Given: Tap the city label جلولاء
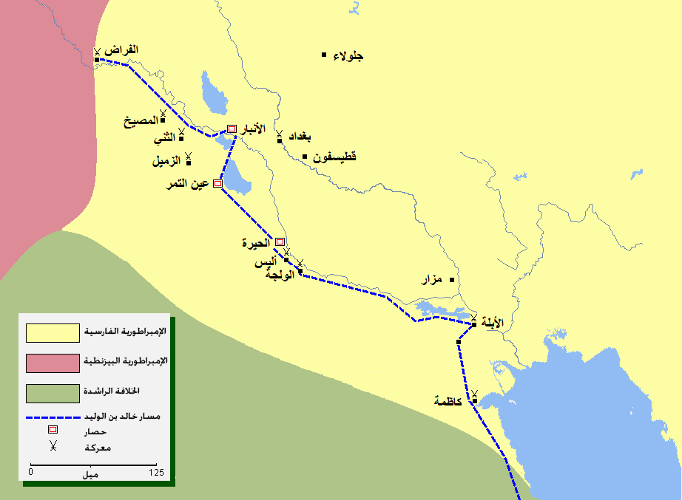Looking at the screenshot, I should click(349, 56).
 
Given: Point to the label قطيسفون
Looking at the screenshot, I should click(335, 157).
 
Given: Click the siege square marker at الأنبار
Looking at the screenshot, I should click(232, 129).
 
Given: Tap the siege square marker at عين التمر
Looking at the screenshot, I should click(217, 183).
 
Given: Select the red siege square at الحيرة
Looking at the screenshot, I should click(280, 242).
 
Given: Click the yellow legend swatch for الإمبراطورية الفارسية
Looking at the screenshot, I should click(53, 333).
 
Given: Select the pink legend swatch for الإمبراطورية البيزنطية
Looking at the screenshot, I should click(53, 363).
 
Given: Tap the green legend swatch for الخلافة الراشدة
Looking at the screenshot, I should click(53, 392).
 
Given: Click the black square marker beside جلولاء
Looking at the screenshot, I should click(324, 55).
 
